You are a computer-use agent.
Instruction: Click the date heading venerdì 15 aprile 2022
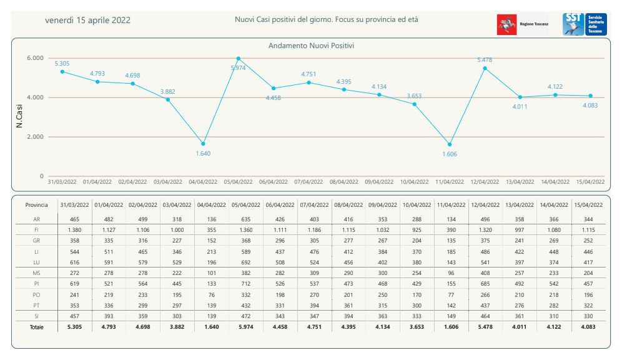click(x=87, y=20)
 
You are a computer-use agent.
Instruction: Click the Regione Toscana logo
click(x=522, y=24)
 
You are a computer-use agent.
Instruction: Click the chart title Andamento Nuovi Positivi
click(x=312, y=46)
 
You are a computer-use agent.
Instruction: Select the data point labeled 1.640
click(x=203, y=144)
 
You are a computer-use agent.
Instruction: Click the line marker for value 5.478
click(x=485, y=68)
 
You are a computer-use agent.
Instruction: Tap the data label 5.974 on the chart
click(x=238, y=67)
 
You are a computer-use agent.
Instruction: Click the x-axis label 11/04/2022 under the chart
click(x=449, y=182)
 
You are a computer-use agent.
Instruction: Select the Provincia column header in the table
click(x=37, y=205)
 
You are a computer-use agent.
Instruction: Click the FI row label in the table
click(x=37, y=230)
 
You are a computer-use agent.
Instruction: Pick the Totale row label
click(x=37, y=327)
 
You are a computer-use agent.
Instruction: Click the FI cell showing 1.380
click(x=74, y=230)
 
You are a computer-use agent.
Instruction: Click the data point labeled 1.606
click(x=449, y=144)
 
